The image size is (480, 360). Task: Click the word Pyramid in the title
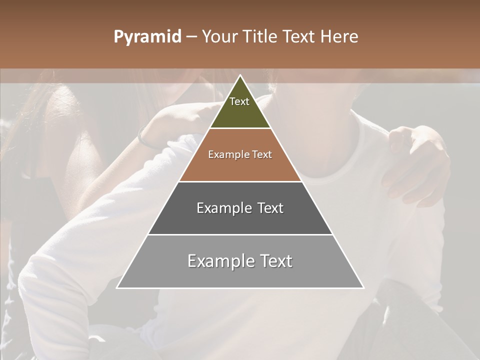pyautogui.click(x=147, y=37)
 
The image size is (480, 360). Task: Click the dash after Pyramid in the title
pyautogui.click(x=191, y=37)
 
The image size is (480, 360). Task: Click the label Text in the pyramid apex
pyautogui.click(x=239, y=101)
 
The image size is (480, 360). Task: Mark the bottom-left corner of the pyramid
pyautogui.click(x=117, y=287)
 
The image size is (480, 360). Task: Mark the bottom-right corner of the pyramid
pyautogui.click(x=363, y=287)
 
